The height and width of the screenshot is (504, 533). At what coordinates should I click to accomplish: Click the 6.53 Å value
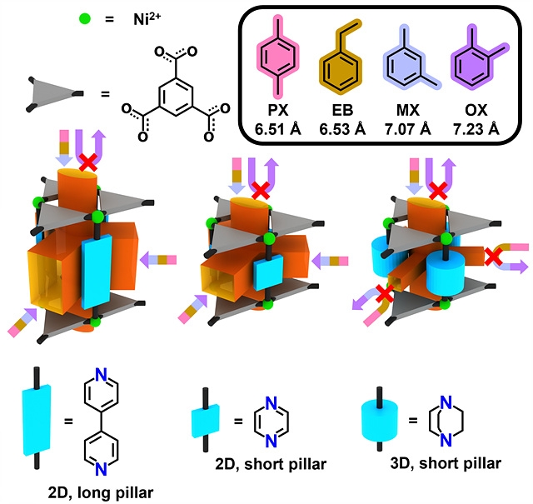click(343, 128)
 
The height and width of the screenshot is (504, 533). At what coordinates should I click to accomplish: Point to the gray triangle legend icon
click(54, 92)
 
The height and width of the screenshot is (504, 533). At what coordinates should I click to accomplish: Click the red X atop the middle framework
click(261, 191)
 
